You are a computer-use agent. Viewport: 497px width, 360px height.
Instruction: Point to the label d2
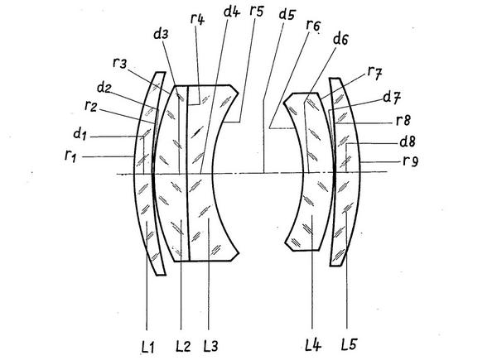pyautogui.click(x=104, y=86)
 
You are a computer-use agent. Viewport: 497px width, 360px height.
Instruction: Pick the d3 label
pyautogui.click(x=162, y=34)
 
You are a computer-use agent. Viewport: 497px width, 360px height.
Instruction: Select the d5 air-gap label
pyautogui.click(x=287, y=14)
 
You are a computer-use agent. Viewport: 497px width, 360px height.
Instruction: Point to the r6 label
pyautogui.click(x=312, y=25)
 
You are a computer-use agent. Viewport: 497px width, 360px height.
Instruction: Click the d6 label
pyautogui.click(x=340, y=40)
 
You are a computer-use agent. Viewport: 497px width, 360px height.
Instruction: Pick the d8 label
pyautogui.click(x=407, y=141)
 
